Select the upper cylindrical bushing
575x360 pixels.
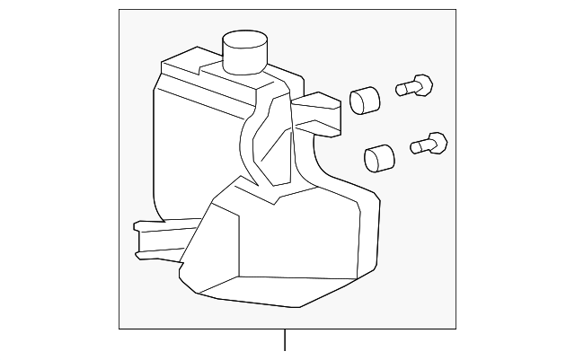pyautogui.click(x=362, y=98)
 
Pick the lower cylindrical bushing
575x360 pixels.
pyautogui.click(x=379, y=157)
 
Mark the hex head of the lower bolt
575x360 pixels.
pyautogui.click(x=438, y=142)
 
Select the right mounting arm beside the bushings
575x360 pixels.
pyautogui.click(x=318, y=113)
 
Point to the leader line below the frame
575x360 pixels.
pyautogui.click(x=285, y=342)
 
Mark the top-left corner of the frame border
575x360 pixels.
pyautogui.click(x=119, y=10)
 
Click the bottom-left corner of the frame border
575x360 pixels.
pyautogui.click(x=119, y=329)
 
